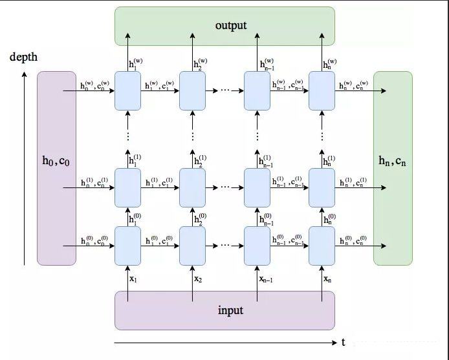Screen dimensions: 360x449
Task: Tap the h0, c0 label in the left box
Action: [x=56, y=162]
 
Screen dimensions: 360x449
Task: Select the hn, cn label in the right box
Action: [x=393, y=162]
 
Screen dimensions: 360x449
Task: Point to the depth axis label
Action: [x=24, y=58]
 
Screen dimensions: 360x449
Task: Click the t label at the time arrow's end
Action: [x=343, y=342]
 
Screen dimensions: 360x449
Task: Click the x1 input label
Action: [x=134, y=279]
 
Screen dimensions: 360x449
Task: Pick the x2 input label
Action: [x=199, y=279]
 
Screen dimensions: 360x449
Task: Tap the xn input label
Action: [x=328, y=279]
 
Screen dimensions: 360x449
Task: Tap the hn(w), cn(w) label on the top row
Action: [x=354, y=84]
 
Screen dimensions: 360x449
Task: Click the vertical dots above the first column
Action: [x=128, y=136]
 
